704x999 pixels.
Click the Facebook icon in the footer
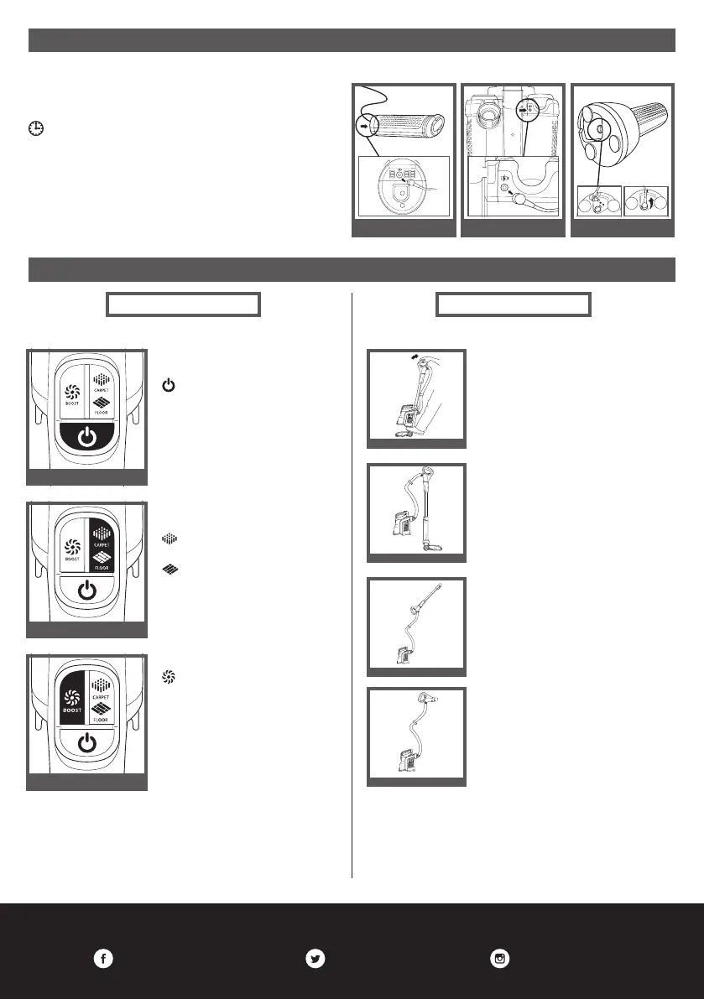102,960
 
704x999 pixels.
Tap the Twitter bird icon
315,960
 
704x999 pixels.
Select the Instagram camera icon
501,960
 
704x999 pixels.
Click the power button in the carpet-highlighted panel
86,591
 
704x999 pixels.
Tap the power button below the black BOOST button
86,743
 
